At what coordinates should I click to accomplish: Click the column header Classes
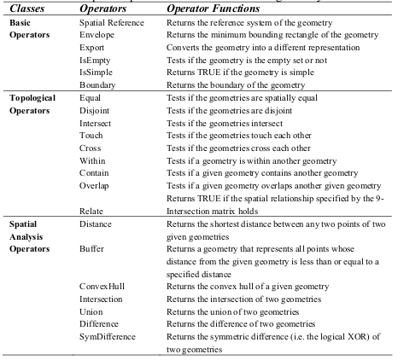[28, 8]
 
